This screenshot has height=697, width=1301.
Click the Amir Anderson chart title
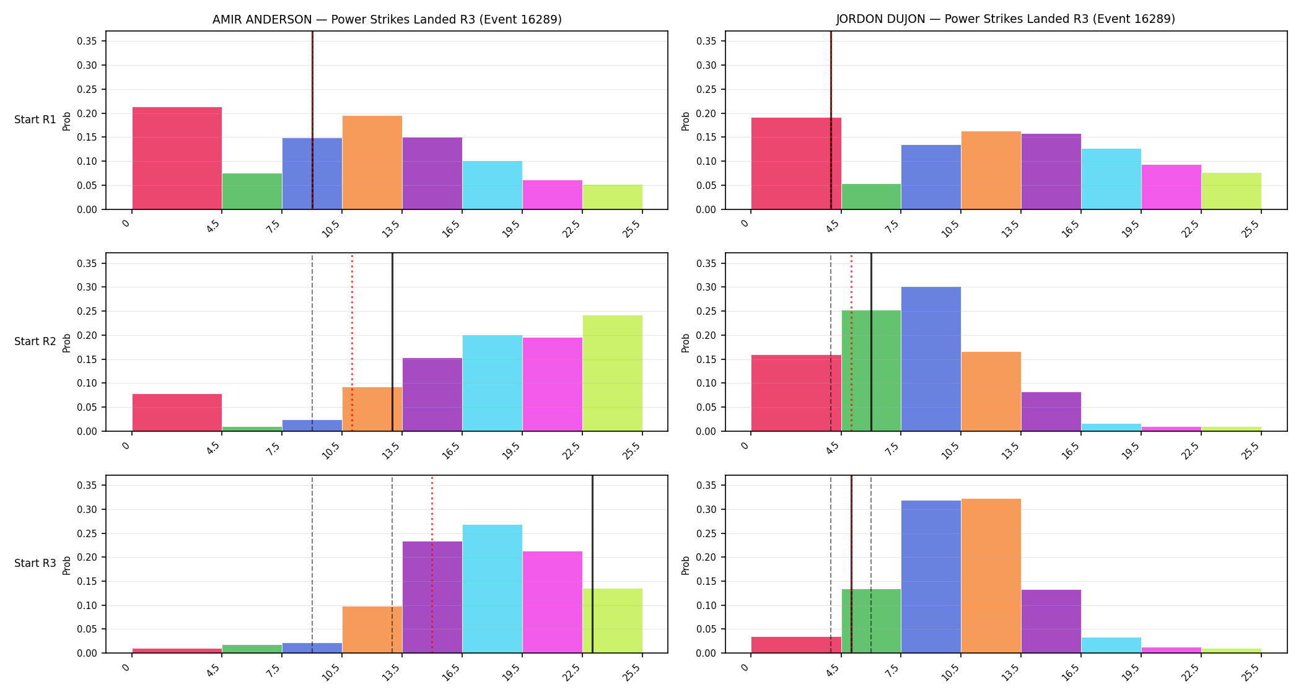click(x=387, y=19)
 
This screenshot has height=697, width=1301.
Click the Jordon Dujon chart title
click(x=1005, y=19)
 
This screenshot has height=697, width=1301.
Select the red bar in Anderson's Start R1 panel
click(x=177, y=158)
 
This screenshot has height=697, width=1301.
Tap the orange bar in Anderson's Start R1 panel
click(x=372, y=162)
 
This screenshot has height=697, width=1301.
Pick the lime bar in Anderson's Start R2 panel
click(x=612, y=373)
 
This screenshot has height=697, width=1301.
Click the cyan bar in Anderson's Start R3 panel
click(x=492, y=589)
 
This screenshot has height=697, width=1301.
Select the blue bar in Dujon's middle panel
click(x=931, y=359)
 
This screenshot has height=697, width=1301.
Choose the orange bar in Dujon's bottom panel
click(x=991, y=576)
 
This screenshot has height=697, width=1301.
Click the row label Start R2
click(x=35, y=341)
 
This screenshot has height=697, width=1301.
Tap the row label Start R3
click(x=35, y=563)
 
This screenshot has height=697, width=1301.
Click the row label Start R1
click(x=35, y=120)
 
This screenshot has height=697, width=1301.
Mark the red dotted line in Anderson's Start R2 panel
click(x=352, y=342)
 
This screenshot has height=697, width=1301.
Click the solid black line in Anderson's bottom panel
click(x=592, y=564)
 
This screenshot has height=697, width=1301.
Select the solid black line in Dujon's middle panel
click(x=871, y=342)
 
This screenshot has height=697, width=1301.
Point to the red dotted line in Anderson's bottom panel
click(x=432, y=564)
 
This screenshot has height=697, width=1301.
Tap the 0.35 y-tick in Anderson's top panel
click(x=87, y=42)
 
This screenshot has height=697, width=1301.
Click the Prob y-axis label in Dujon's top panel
click(x=686, y=121)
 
